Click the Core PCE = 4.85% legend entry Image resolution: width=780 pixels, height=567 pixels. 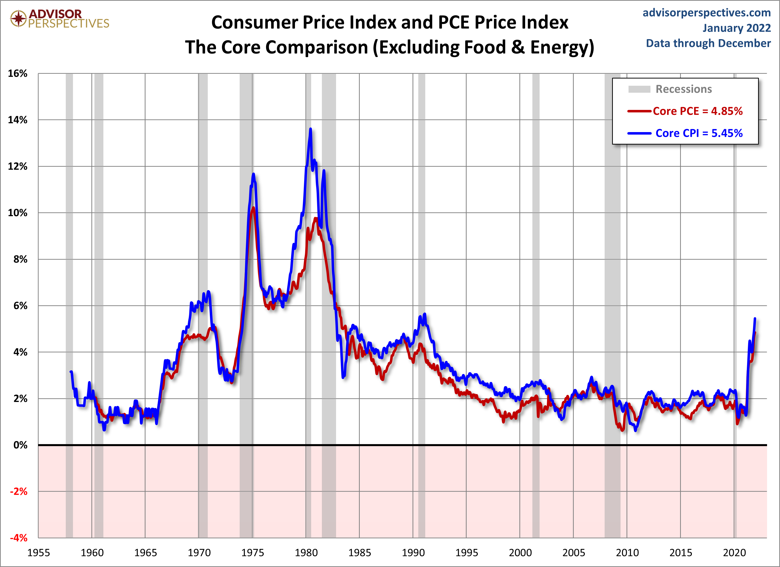(698, 111)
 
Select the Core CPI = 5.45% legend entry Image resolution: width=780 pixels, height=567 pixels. (699, 133)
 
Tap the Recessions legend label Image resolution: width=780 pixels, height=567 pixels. (683, 89)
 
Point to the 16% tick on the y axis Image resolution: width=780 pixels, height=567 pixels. (17, 73)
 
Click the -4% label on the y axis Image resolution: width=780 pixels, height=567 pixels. (19, 538)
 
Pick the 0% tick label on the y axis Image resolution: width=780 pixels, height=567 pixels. (20, 445)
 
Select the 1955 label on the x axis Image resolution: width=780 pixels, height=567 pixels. (39, 553)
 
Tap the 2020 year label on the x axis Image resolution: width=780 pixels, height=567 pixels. (734, 553)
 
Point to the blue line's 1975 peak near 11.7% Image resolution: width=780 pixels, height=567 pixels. (253, 174)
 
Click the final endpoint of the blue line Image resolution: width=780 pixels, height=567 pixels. (755, 319)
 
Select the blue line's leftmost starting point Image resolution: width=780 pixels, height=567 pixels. (71, 372)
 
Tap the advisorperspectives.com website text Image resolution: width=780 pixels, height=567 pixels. (707, 13)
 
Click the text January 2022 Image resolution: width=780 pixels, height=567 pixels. (736, 28)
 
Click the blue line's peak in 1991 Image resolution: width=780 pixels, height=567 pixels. (425, 314)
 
